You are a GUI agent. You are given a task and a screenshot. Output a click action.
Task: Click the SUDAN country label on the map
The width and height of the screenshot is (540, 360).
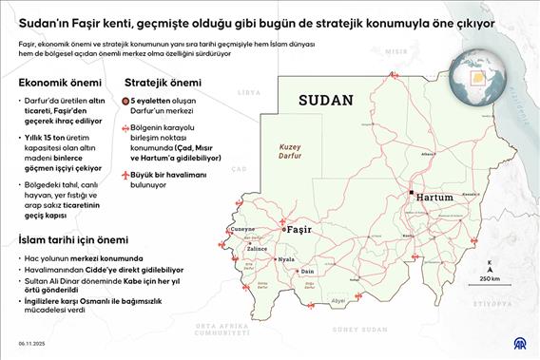pos(325,100)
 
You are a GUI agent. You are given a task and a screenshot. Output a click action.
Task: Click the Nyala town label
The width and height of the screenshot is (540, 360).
pos(285,257)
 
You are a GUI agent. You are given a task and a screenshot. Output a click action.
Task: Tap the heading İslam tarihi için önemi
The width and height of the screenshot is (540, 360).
pos(79,241)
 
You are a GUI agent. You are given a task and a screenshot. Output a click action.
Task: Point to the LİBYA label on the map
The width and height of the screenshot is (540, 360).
pos(248,92)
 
